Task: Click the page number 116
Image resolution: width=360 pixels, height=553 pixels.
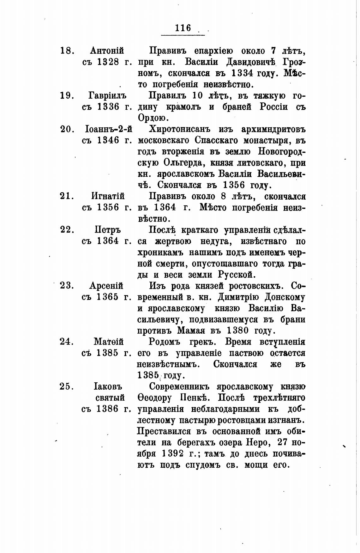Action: point(183,28)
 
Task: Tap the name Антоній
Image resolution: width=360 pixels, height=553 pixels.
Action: point(107,51)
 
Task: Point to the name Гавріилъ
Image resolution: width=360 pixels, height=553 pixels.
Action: point(107,95)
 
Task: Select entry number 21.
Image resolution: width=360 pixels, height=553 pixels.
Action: point(66,196)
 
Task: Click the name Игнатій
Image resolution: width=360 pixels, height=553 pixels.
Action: point(108,196)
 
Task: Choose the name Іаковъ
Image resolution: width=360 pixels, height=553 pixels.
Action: point(108,386)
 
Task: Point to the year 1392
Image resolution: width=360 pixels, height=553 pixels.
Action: point(172,454)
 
